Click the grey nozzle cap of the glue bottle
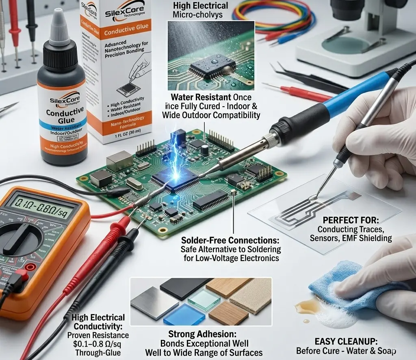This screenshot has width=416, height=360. click(59, 31)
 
